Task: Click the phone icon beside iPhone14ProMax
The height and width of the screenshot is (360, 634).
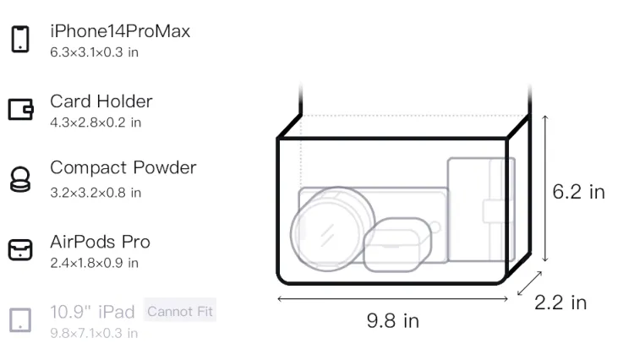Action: coord(20,39)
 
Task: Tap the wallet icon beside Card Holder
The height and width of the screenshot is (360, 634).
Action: coord(20,110)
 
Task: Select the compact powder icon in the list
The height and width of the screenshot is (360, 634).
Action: coord(20,179)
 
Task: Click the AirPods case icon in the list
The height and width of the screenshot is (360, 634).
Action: coord(20,249)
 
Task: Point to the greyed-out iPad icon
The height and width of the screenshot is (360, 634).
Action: coord(20,320)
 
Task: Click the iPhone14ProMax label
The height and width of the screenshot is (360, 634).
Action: coord(120,31)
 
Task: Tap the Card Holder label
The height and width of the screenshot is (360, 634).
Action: coord(101,101)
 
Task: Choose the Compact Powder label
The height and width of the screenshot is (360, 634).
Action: coord(123,167)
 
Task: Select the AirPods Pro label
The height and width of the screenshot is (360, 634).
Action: coord(101,242)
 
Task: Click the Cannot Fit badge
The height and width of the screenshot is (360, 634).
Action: coord(180,311)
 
